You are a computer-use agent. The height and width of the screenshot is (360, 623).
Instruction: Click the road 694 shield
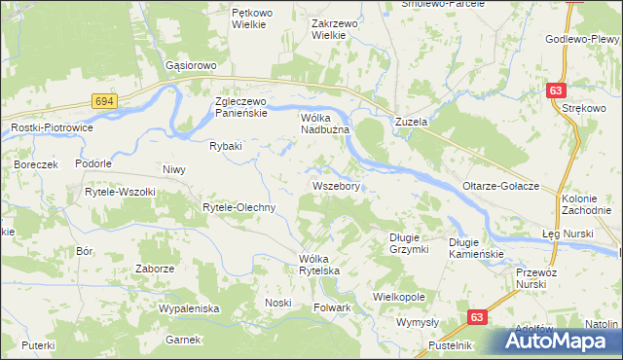(105, 100)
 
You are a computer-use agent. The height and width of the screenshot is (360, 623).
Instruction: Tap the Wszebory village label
(338, 185)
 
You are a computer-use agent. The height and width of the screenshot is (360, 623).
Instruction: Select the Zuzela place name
(412, 123)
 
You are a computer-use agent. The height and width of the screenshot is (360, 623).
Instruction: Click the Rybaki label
(225, 147)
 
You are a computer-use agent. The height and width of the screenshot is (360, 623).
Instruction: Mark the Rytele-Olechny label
(239, 208)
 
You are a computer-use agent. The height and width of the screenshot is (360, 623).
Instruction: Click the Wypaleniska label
(190, 308)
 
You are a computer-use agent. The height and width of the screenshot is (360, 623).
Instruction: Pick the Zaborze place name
(155, 269)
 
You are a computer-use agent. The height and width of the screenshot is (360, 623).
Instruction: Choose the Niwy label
(174, 170)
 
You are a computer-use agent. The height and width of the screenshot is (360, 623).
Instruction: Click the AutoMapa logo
(559, 341)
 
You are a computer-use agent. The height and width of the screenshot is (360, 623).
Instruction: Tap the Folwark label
(332, 308)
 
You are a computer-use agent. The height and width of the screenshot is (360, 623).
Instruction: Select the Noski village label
(278, 303)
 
